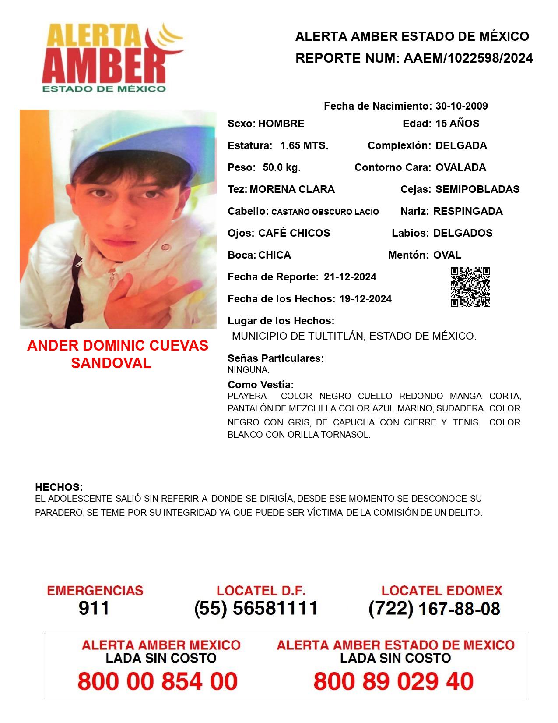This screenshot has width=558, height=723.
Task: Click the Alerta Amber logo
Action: pos(112,57)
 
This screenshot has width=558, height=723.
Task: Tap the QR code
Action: pos(470,287)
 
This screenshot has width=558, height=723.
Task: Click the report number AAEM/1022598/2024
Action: pos(468,58)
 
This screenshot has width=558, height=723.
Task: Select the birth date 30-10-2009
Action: pos(461,106)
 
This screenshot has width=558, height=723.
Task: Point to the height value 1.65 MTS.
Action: pos(304,145)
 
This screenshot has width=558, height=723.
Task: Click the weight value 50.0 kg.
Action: pos(281,167)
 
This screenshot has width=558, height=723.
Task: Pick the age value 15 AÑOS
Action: pos(457,124)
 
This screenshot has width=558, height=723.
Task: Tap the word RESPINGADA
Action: pos(468,211)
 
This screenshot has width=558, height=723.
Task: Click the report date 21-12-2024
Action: pos(350,277)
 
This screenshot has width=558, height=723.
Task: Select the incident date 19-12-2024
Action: pos(365,299)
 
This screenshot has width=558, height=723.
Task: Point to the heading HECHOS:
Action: pos(59,487)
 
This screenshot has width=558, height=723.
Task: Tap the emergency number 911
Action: pos(94,608)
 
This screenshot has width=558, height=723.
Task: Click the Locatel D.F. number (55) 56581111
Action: pos(256,608)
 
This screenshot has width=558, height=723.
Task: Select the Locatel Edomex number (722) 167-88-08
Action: pos(434,609)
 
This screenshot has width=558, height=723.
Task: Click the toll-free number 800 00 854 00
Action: pos(158,682)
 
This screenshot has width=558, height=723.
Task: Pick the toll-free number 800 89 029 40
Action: pos(393,682)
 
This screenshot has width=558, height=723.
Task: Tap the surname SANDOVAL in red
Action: pos(111,363)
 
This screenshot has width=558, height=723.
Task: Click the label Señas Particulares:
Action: pos(276,358)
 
